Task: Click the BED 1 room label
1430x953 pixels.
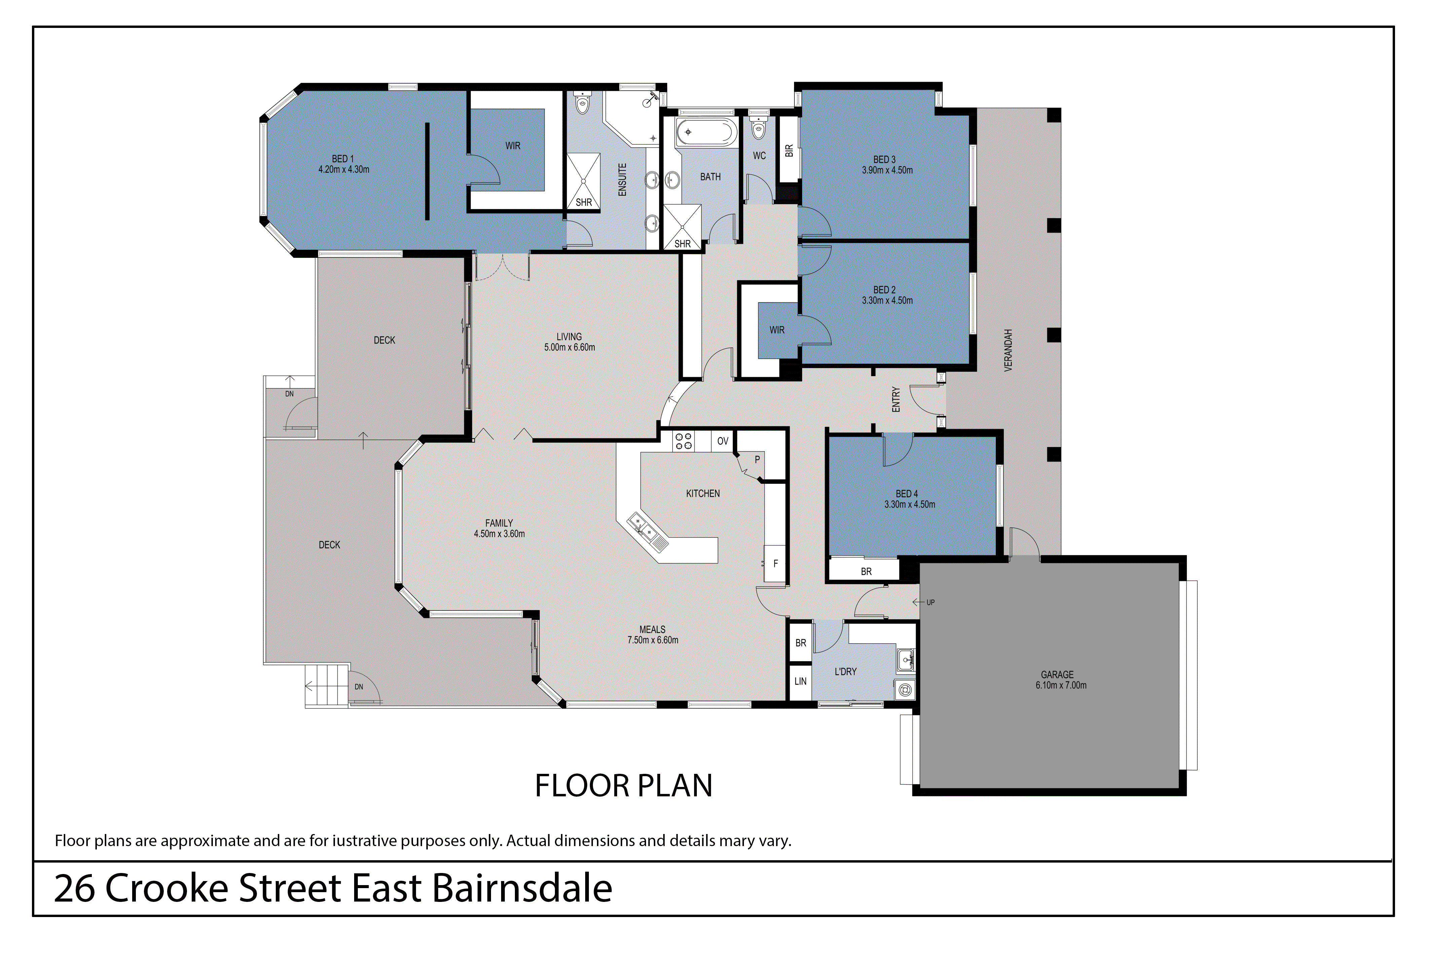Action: [343, 159]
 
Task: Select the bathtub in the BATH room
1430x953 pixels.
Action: [707, 132]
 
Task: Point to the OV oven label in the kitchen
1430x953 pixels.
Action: [722, 441]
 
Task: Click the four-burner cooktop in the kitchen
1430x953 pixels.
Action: [683, 441]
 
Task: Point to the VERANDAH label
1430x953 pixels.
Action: [1008, 351]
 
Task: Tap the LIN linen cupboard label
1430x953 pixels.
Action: [800, 681]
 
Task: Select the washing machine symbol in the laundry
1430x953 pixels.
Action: [904, 690]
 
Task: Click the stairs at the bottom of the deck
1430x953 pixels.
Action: [327, 685]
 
